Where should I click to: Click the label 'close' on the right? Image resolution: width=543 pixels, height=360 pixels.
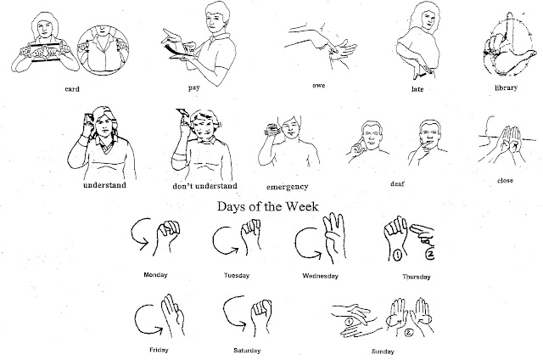(507, 180)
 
